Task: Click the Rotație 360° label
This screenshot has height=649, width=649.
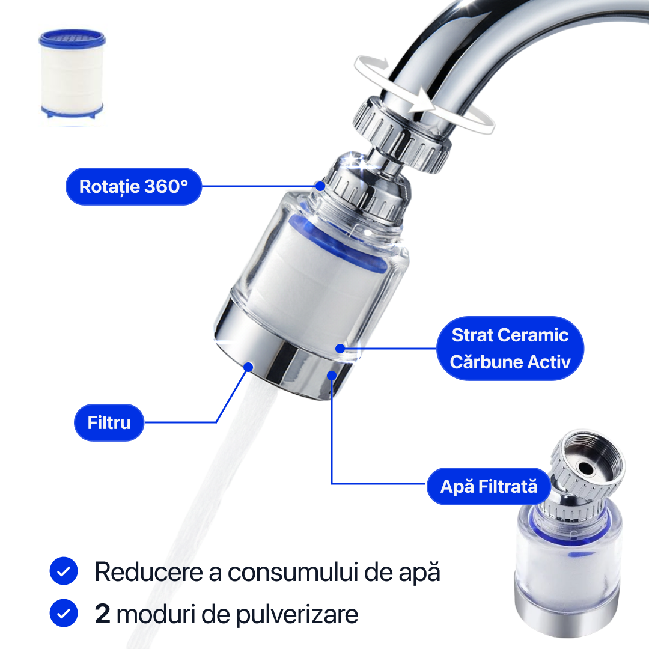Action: (133, 186)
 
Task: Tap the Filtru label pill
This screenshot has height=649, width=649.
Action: (109, 422)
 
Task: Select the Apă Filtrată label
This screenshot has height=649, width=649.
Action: (489, 486)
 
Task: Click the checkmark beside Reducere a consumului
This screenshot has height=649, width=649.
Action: (64, 571)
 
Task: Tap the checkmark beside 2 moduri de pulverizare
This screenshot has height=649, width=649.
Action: (64, 613)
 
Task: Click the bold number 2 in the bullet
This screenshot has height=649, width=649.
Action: (102, 614)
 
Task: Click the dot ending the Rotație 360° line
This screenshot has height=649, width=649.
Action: (320, 186)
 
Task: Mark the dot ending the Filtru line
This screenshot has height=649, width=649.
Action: (248, 367)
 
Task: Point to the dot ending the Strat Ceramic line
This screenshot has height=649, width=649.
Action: (340, 349)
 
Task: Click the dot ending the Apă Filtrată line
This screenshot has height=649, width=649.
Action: (332, 376)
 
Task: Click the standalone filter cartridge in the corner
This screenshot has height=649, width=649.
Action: (72, 74)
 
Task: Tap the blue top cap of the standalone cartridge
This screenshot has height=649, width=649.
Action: (72, 38)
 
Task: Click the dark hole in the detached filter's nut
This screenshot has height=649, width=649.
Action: (586, 468)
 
